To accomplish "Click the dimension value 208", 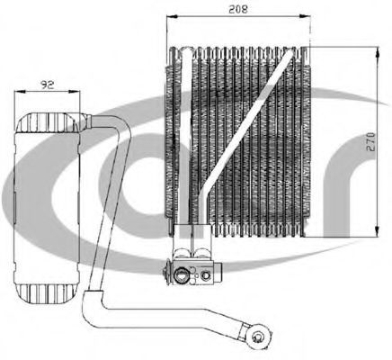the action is (x=238, y=9).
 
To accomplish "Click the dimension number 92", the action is (x=48, y=85).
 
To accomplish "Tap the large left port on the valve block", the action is (x=182, y=274).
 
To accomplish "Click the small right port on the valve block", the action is (x=206, y=274).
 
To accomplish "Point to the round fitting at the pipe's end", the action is (x=258, y=335).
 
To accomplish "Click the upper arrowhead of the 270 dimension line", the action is (x=378, y=51).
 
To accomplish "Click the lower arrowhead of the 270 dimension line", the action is (x=378, y=231).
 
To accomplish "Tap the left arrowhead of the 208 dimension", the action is (x=171, y=17).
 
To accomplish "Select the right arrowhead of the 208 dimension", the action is (x=305, y=17).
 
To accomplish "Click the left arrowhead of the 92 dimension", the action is (x=19, y=92).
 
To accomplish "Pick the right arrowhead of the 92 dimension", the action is (x=75, y=92).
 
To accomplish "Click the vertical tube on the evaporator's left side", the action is (x=186, y=137).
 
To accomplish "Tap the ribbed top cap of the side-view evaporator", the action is (x=47, y=122).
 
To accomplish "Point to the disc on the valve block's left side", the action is (x=165, y=273).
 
